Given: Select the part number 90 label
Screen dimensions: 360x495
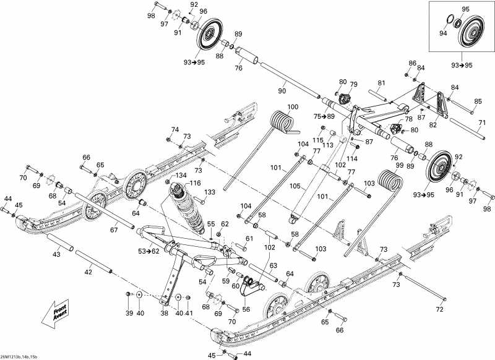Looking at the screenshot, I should (x=283, y=91).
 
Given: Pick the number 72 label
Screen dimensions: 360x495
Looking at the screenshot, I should (x=440, y=308).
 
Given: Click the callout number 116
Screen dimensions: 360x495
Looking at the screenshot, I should (x=195, y=183).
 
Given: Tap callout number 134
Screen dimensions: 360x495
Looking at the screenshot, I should (x=179, y=176).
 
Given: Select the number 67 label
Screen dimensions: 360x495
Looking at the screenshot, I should (x=113, y=231).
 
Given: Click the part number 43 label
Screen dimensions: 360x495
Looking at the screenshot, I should (x=56, y=255).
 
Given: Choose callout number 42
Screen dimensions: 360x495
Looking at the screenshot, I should (x=88, y=272).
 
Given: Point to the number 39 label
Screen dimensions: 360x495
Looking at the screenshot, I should (x=129, y=313).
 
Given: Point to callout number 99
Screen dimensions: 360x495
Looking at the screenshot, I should (x=399, y=166).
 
